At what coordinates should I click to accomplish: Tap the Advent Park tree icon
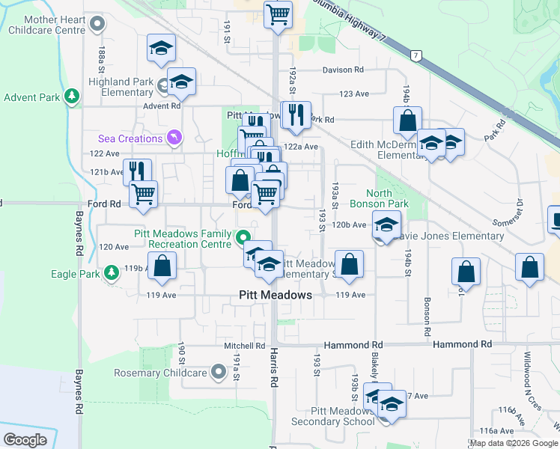pos(72,97)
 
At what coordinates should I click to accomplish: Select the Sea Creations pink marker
pos(174,138)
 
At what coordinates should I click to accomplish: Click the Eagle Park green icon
pos(111,272)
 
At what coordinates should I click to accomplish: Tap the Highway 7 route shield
pos(416,55)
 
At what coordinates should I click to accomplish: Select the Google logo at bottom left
pos(25,439)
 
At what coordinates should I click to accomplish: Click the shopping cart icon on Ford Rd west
pos(143,194)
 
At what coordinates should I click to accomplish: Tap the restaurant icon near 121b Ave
pos(137,171)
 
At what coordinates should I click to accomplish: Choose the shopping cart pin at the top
pos(278,13)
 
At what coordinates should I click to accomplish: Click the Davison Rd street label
pos(343,70)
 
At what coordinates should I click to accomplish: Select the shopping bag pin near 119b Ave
pos(162,266)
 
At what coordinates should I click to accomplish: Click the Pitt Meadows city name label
pos(275,295)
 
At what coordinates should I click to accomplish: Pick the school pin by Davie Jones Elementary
pos(386,224)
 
